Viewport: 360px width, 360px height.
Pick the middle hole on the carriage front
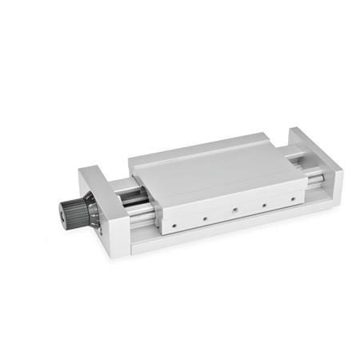(234, 211)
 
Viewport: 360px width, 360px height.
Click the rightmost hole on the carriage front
(294, 196)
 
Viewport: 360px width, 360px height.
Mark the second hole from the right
(265, 203)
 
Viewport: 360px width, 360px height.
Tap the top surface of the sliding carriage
(216, 172)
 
